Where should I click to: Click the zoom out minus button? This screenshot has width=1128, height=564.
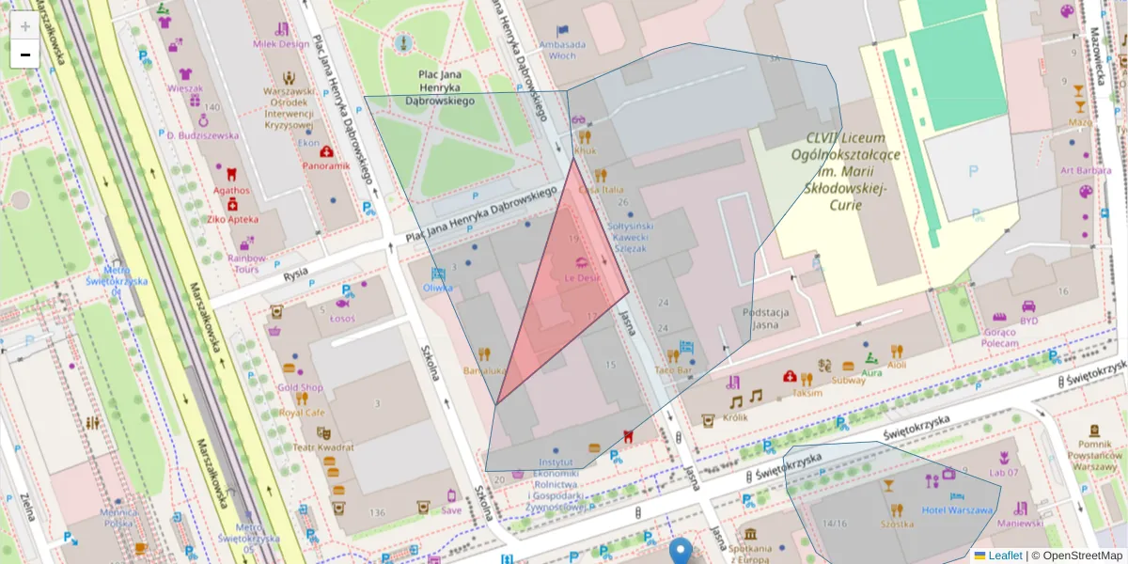[x=25, y=55]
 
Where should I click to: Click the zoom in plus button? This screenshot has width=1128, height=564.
[x=25, y=26]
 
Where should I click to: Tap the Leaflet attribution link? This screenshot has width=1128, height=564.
[x=1004, y=556]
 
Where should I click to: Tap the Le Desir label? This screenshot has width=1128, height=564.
[x=582, y=278]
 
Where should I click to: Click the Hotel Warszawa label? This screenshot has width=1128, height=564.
[x=957, y=510]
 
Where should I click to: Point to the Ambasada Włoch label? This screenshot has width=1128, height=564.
[x=563, y=50]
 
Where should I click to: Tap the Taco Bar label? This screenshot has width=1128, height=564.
[x=672, y=371]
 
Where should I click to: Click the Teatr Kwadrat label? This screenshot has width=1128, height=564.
[x=322, y=447]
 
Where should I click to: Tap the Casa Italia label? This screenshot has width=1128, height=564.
[x=602, y=190]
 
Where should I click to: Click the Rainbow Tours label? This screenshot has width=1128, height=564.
[x=246, y=263]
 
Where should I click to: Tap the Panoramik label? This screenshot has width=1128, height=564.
[x=325, y=165]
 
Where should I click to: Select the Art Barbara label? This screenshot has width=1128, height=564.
[x=1086, y=171]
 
